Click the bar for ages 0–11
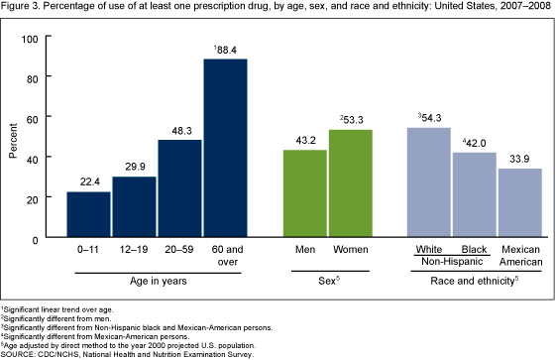89,215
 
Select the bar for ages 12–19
134,208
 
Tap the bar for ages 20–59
179,189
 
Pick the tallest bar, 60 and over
225,150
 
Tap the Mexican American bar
519,204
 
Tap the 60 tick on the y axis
46,118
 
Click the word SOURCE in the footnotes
23,351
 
